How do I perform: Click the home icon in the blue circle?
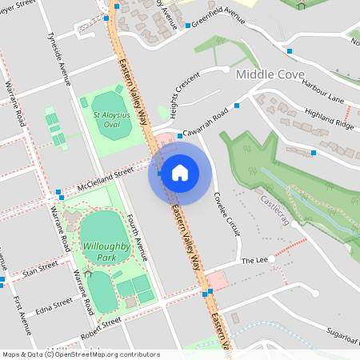[x=179, y=173]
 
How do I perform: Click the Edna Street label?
[x=53, y=306]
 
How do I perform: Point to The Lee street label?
[x=254, y=261]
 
